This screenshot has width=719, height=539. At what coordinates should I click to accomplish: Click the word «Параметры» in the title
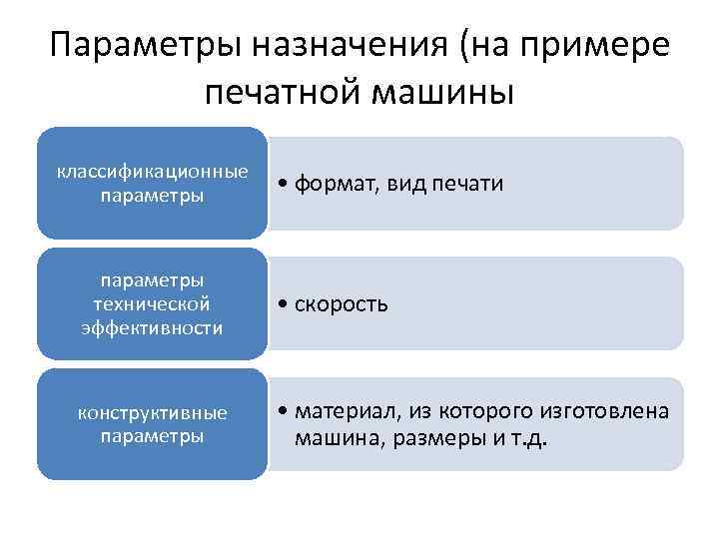click(x=144, y=47)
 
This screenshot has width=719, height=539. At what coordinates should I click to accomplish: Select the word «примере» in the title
click(x=603, y=47)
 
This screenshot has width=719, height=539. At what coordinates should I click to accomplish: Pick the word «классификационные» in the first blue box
click(x=152, y=171)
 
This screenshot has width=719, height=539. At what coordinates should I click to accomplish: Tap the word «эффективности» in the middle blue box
click(x=152, y=327)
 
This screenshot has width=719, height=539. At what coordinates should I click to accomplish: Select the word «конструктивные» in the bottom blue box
click(x=153, y=412)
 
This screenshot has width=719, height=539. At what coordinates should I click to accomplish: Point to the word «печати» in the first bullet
click(x=469, y=184)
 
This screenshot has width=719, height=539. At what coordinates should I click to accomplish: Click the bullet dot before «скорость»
click(x=285, y=303)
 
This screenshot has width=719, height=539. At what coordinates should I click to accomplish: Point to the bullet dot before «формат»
click(x=285, y=184)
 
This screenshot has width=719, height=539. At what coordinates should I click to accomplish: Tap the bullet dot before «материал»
click(x=285, y=412)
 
